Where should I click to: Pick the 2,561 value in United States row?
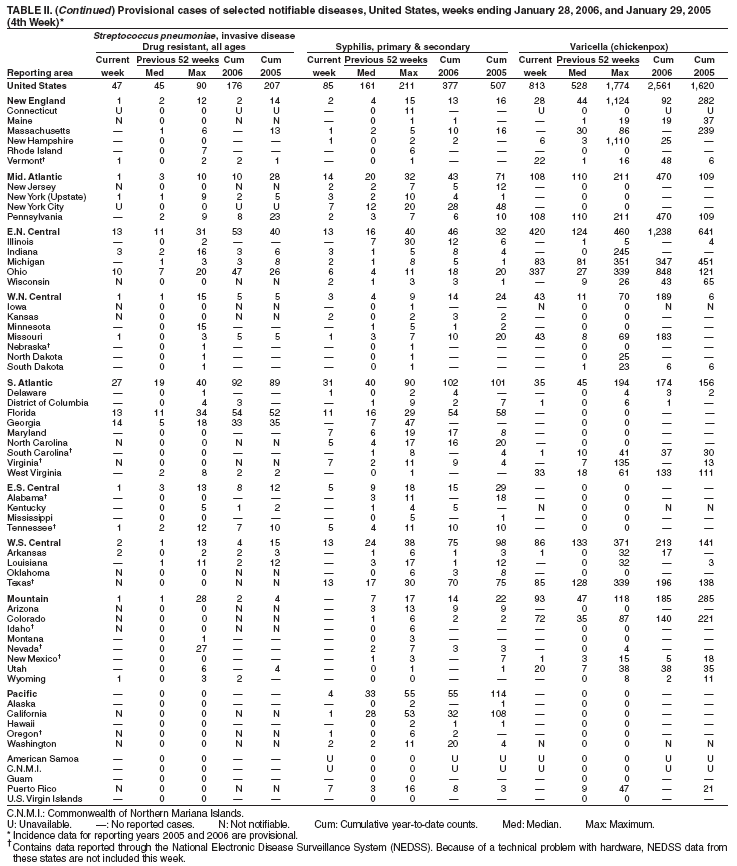click(665, 86)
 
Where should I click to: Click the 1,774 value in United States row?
click(619, 86)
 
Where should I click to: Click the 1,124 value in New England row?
click(619, 101)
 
